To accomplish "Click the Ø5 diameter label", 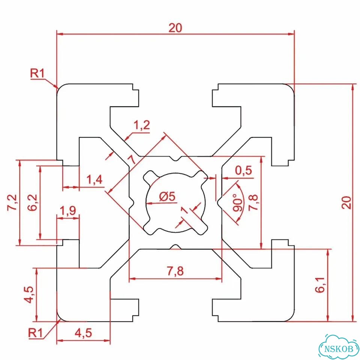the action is tap(167, 196).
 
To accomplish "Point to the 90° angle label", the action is tap(237, 202).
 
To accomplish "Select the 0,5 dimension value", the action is tap(243, 170).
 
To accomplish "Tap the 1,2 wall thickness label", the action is tap(142, 125).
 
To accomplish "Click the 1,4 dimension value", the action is tap(94, 180).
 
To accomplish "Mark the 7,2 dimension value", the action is tap(12, 202).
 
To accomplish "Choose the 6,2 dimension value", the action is tap(32, 202).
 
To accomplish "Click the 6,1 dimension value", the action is tap(320, 285).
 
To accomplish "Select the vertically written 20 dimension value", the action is tap(346, 202).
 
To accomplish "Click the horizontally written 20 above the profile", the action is tap(175, 28).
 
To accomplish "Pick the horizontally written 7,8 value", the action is tap(175, 271).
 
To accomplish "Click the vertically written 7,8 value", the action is tap(253, 202).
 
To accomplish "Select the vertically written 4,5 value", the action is tap(29, 295).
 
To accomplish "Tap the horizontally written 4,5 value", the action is tap(83, 333).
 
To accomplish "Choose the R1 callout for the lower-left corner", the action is tap(35, 333).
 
